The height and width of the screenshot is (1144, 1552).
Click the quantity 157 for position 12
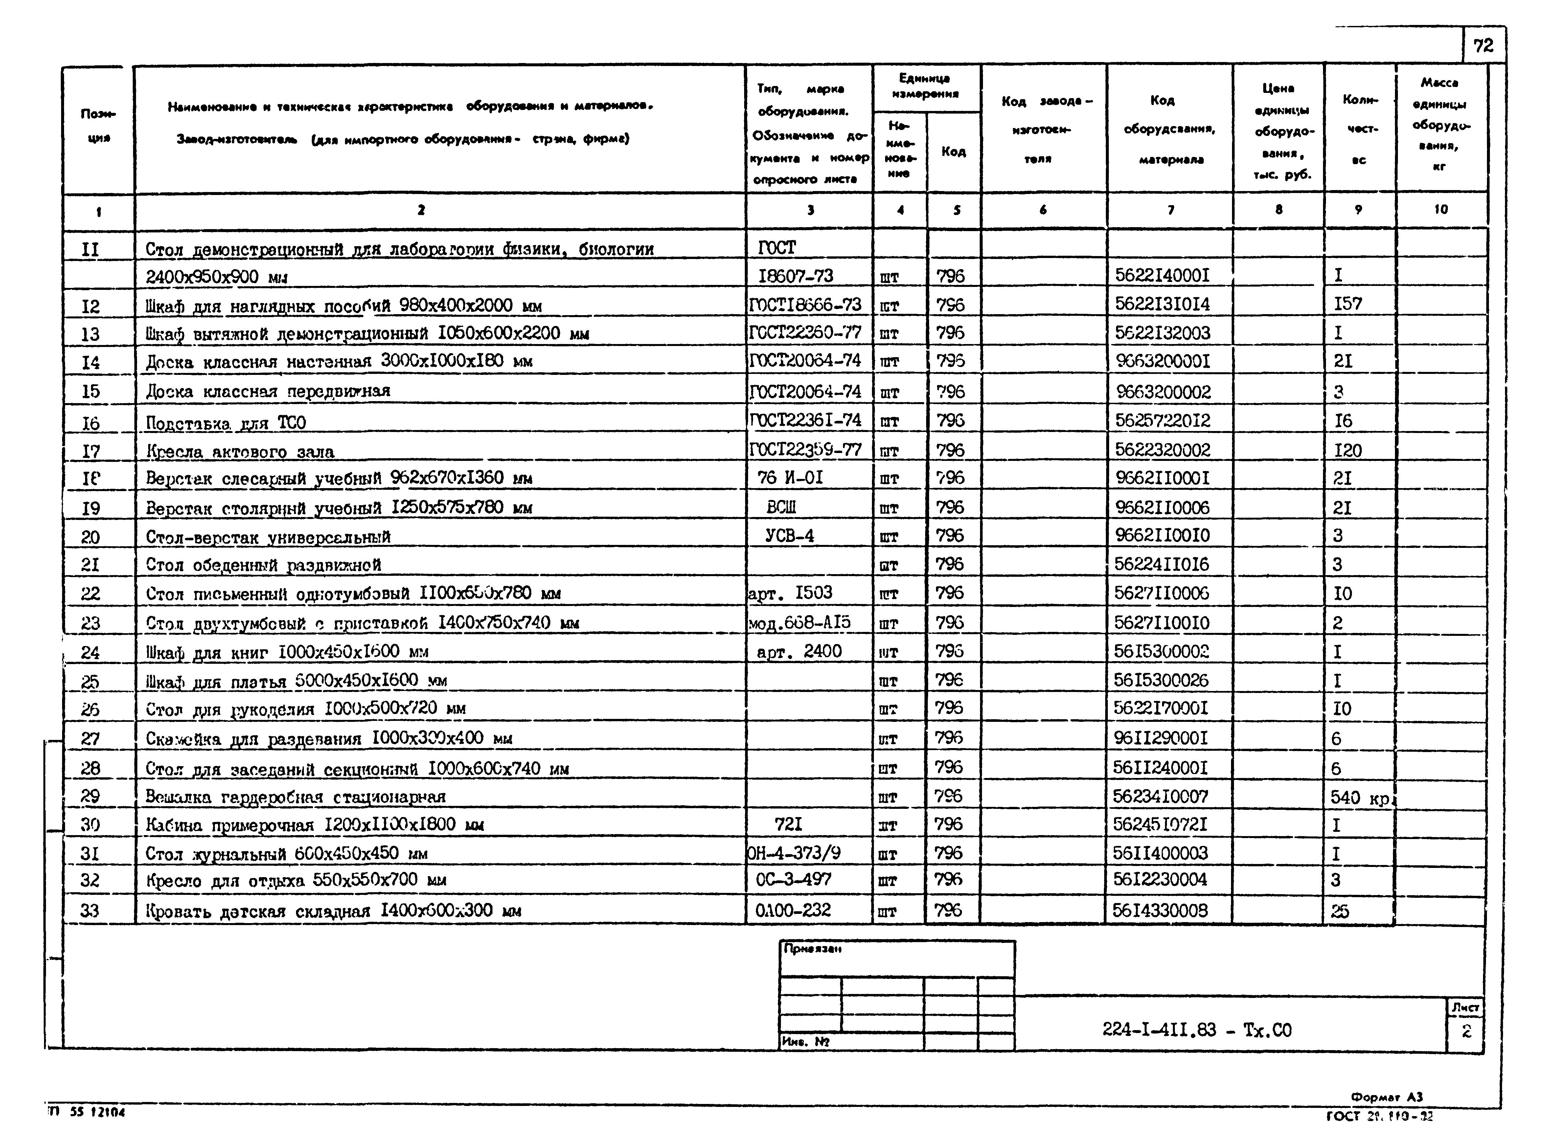tap(1348, 304)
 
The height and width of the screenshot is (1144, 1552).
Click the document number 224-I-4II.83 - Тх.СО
tap(1197, 1030)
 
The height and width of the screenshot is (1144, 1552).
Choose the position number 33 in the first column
tap(90, 910)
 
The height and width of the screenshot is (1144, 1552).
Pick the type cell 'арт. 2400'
tap(799, 651)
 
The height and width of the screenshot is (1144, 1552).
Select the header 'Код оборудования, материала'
tap(1170, 129)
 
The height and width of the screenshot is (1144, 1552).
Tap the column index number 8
tap(1278, 209)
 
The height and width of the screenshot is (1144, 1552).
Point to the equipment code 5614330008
tap(1160, 910)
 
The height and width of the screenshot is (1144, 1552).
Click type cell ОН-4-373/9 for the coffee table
tap(794, 853)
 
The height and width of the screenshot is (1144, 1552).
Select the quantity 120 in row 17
tap(1348, 451)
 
